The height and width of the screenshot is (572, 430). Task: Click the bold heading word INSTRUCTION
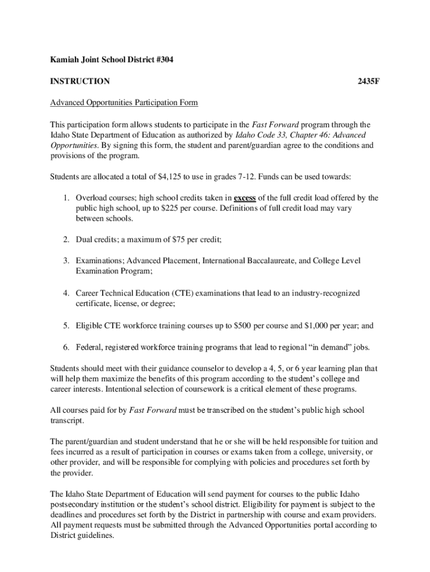[x=80, y=82]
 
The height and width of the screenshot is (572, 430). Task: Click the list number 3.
[x=65, y=261]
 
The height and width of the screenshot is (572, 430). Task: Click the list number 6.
[x=65, y=347]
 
